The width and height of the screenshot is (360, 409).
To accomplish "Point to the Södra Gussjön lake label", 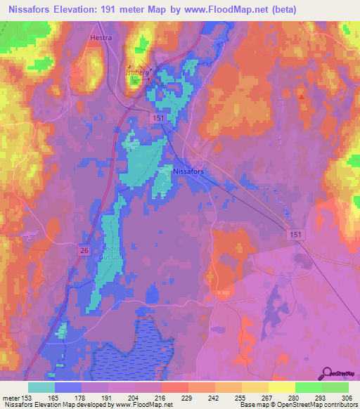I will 112,253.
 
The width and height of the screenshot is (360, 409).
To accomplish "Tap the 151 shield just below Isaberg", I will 161,119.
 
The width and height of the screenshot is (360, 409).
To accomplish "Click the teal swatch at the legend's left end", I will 41,387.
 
